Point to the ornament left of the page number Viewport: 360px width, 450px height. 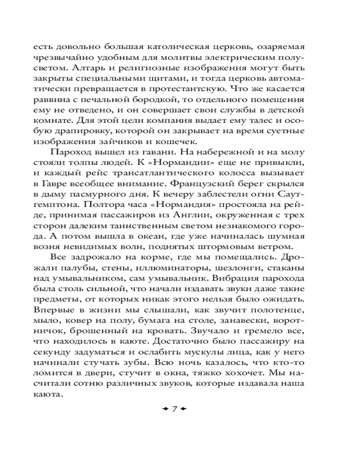pos(165,408)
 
